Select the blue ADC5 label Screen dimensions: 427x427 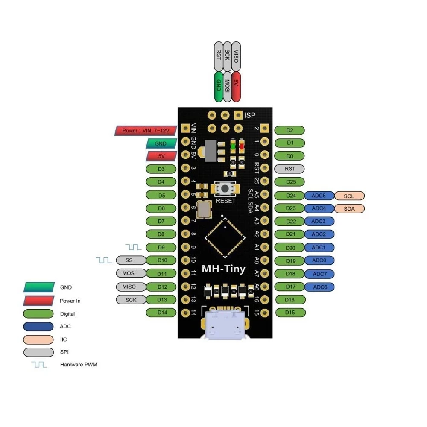click(x=319, y=196)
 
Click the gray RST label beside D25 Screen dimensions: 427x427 click(x=290, y=169)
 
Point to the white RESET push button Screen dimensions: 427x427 click(x=225, y=188)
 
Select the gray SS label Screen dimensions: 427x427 click(x=130, y=260)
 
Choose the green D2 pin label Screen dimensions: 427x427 click(x=290, y=130)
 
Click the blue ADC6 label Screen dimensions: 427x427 click(x=319, y=287)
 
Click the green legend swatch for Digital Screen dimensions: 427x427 click(x=39, y=314)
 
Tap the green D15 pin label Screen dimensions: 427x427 click(x=290, y=313)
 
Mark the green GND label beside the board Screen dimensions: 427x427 click(x=161, y=144)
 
